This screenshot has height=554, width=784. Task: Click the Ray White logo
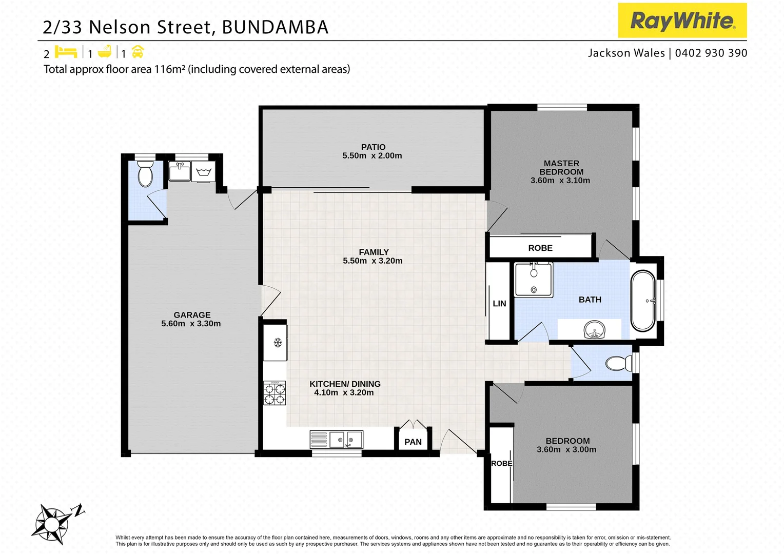682,21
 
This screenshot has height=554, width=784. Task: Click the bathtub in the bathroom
643,301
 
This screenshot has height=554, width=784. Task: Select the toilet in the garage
146,174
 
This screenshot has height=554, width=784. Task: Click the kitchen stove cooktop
275,393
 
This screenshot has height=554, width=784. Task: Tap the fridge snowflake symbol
278,342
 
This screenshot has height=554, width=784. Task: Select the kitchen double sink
346,440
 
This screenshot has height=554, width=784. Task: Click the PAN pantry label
413,442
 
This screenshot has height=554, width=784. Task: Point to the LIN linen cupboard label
499,304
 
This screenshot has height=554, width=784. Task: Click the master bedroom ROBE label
540,248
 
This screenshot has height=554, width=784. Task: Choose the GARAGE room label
192,315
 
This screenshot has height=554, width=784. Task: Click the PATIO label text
373,147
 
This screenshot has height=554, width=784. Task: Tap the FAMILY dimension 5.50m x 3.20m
373,261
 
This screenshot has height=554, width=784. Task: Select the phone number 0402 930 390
711,53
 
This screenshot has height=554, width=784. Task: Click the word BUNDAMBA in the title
275,27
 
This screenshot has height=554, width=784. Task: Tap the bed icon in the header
66,52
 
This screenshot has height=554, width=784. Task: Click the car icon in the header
138,52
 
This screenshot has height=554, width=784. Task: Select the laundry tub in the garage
204,171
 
